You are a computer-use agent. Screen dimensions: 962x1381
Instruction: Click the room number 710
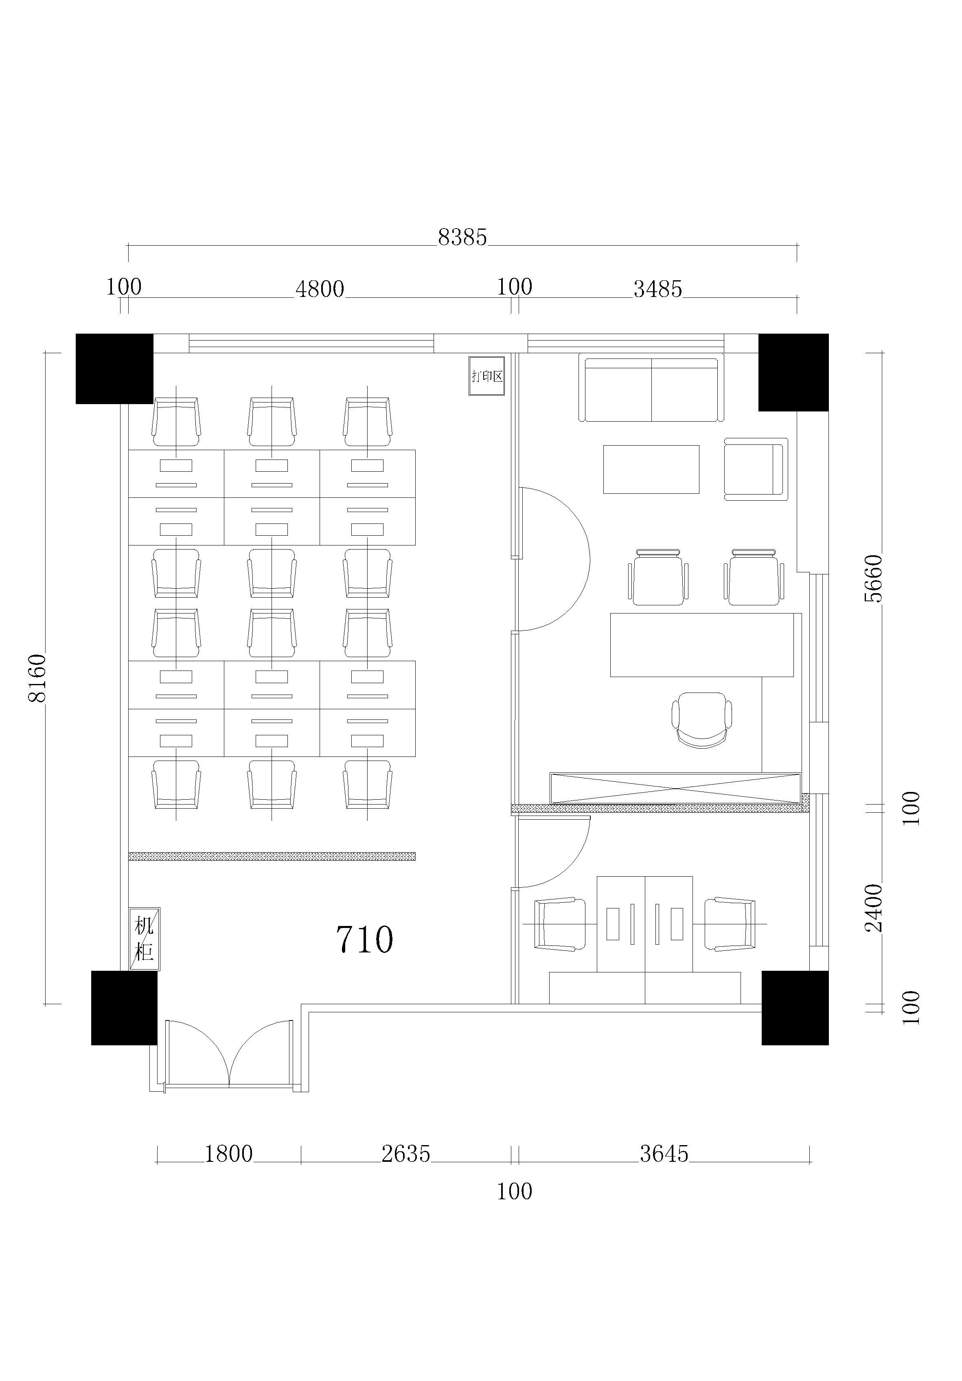point(364,939)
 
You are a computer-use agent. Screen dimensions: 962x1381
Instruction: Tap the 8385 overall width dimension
point(462,237)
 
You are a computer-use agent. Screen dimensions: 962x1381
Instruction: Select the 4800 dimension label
point(320,289)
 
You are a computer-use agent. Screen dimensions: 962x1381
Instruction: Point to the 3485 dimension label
point(658,289)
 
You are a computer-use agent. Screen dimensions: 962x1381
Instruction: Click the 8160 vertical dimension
point(37,678)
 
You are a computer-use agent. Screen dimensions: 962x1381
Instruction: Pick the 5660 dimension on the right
point(873,578)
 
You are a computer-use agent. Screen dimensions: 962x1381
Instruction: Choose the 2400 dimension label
point(873,908)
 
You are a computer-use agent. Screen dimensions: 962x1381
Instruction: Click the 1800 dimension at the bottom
point(228,1154)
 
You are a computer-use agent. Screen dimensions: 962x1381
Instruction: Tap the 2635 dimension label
point(406,1154)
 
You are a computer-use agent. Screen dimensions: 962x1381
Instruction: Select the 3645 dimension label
point(664,1154)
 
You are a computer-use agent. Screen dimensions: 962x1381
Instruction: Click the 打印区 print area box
point(486,376)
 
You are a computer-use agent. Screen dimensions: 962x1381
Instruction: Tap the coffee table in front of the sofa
point(651,469)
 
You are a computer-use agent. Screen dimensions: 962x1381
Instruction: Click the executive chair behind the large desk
point(702,720)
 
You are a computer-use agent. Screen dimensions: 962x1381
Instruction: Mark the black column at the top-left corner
point(114,369)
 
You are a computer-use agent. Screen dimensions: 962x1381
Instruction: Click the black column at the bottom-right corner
point(795,1007)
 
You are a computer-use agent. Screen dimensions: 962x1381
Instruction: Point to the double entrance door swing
point(229,1054)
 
